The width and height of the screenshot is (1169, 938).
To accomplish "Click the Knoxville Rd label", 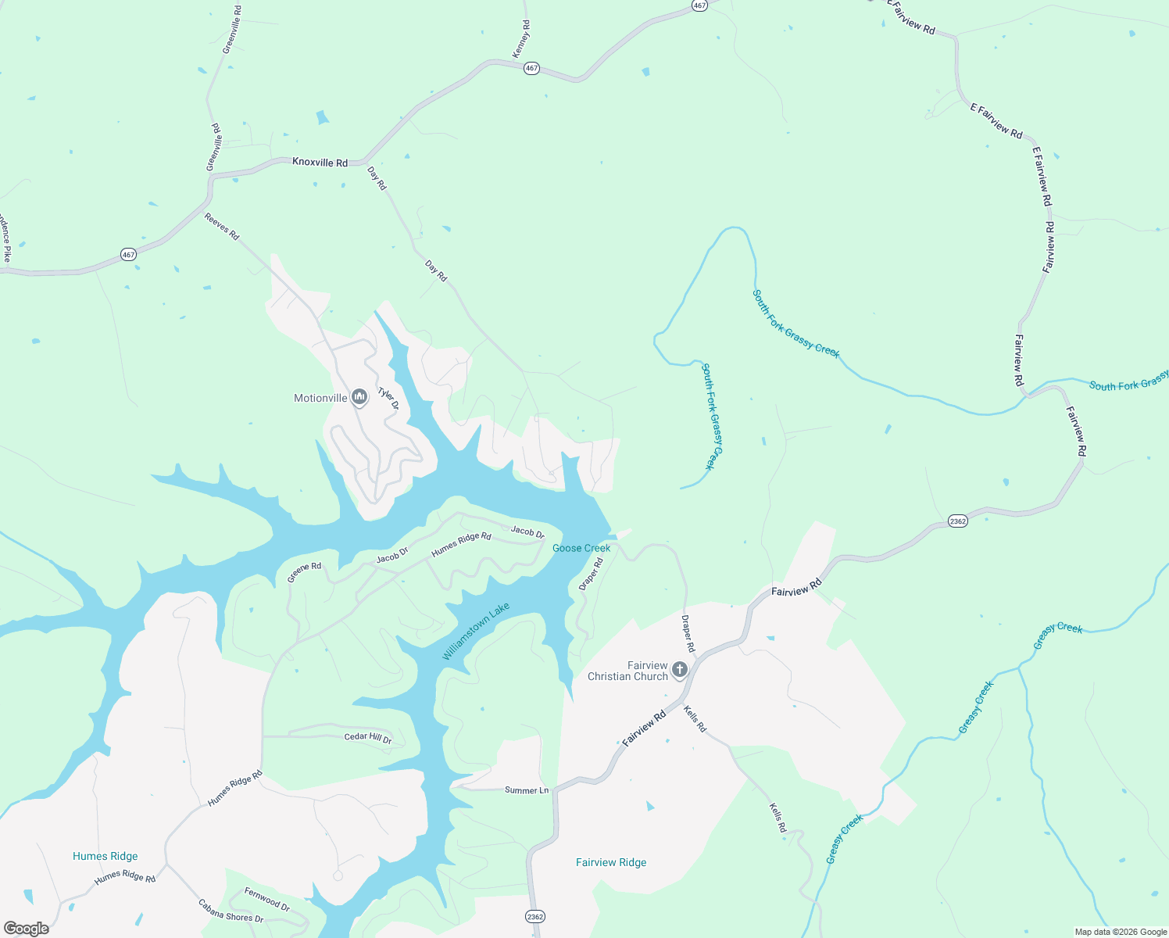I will click(320, 163).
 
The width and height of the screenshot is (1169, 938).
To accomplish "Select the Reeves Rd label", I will click(222, 226).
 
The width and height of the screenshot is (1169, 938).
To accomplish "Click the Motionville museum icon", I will click(359, 398).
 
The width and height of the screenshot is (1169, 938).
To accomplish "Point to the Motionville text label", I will click(320, 398).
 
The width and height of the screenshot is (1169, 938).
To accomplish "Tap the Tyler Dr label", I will click(388, 399).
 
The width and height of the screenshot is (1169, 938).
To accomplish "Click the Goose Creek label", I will click(581, 548).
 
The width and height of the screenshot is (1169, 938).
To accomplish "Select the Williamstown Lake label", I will click(476, 631).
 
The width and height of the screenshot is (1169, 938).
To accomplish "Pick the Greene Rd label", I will click(304, 572).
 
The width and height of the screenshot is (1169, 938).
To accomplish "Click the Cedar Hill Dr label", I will click(368, 737).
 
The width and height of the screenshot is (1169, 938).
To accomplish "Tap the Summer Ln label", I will click(527, 790).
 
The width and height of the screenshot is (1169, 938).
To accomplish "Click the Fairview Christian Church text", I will click(627, 671).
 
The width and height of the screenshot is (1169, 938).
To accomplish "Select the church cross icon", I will click(680, 669).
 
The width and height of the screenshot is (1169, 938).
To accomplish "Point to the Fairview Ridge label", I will click(611, 862).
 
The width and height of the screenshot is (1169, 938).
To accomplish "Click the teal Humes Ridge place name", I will click(105, 856).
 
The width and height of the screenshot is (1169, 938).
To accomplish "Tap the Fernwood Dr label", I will click(267, 899).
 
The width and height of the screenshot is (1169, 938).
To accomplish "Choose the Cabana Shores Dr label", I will click(231, 911).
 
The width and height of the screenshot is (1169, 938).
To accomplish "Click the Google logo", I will click(26, 928).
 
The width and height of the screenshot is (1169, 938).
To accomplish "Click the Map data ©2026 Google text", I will click(1120, 932).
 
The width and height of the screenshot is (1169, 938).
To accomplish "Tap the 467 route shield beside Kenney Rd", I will click(531, 68).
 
